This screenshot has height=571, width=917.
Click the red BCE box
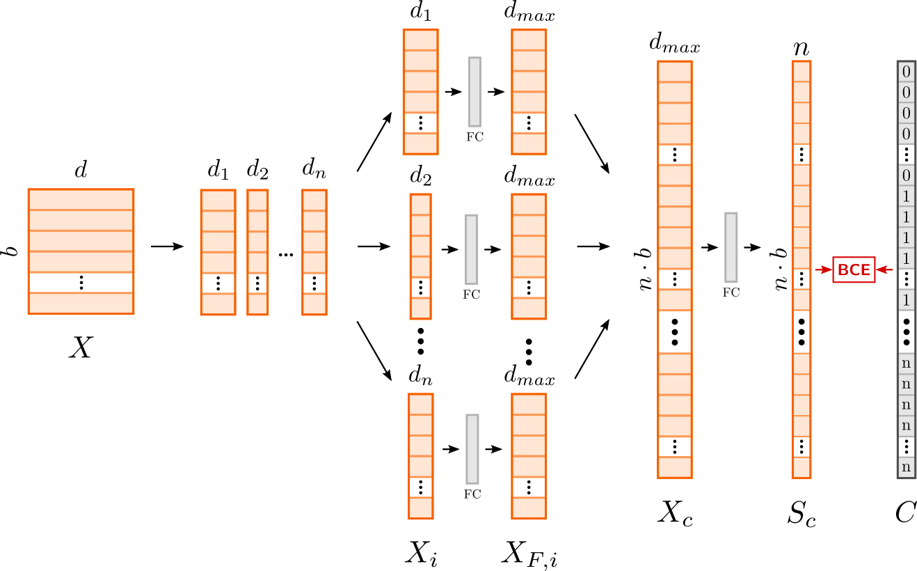pyautogui.click(x=854, y=270)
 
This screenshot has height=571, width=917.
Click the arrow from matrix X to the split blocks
pyautogui.click(x=167, y=246)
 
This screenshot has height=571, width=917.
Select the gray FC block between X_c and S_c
pyautogui.click(x=731, y=247)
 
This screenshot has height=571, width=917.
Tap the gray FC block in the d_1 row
pyautogui.click(x=475, y=91)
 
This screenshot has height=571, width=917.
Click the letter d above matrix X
pyautogui.click(x=81, y=169)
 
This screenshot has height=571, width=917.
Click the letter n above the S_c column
pyautogui.click(x=802, y=49)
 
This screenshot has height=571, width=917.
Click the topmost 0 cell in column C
pyautogui.click(x=906, y=72)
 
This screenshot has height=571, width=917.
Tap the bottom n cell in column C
pyautogui.click(x=906, y=467)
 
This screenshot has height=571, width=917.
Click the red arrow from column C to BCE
pyautogui.click(x=884, y=270)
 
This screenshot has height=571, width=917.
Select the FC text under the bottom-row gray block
pyautogui.click(x=472, y=494)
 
